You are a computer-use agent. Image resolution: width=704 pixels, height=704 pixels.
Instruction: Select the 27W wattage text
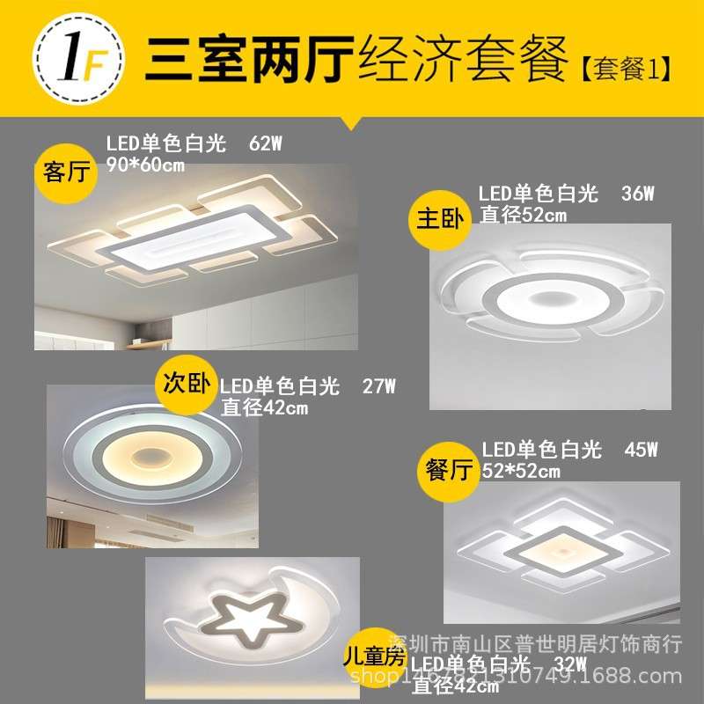[x=379, y=385]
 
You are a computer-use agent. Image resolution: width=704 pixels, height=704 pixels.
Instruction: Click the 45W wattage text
[x=641, y=451]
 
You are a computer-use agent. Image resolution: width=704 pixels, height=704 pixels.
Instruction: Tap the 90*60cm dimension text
[x=146, y=165]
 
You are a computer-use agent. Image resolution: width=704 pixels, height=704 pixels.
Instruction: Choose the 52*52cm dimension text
[x=521, y=472]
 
